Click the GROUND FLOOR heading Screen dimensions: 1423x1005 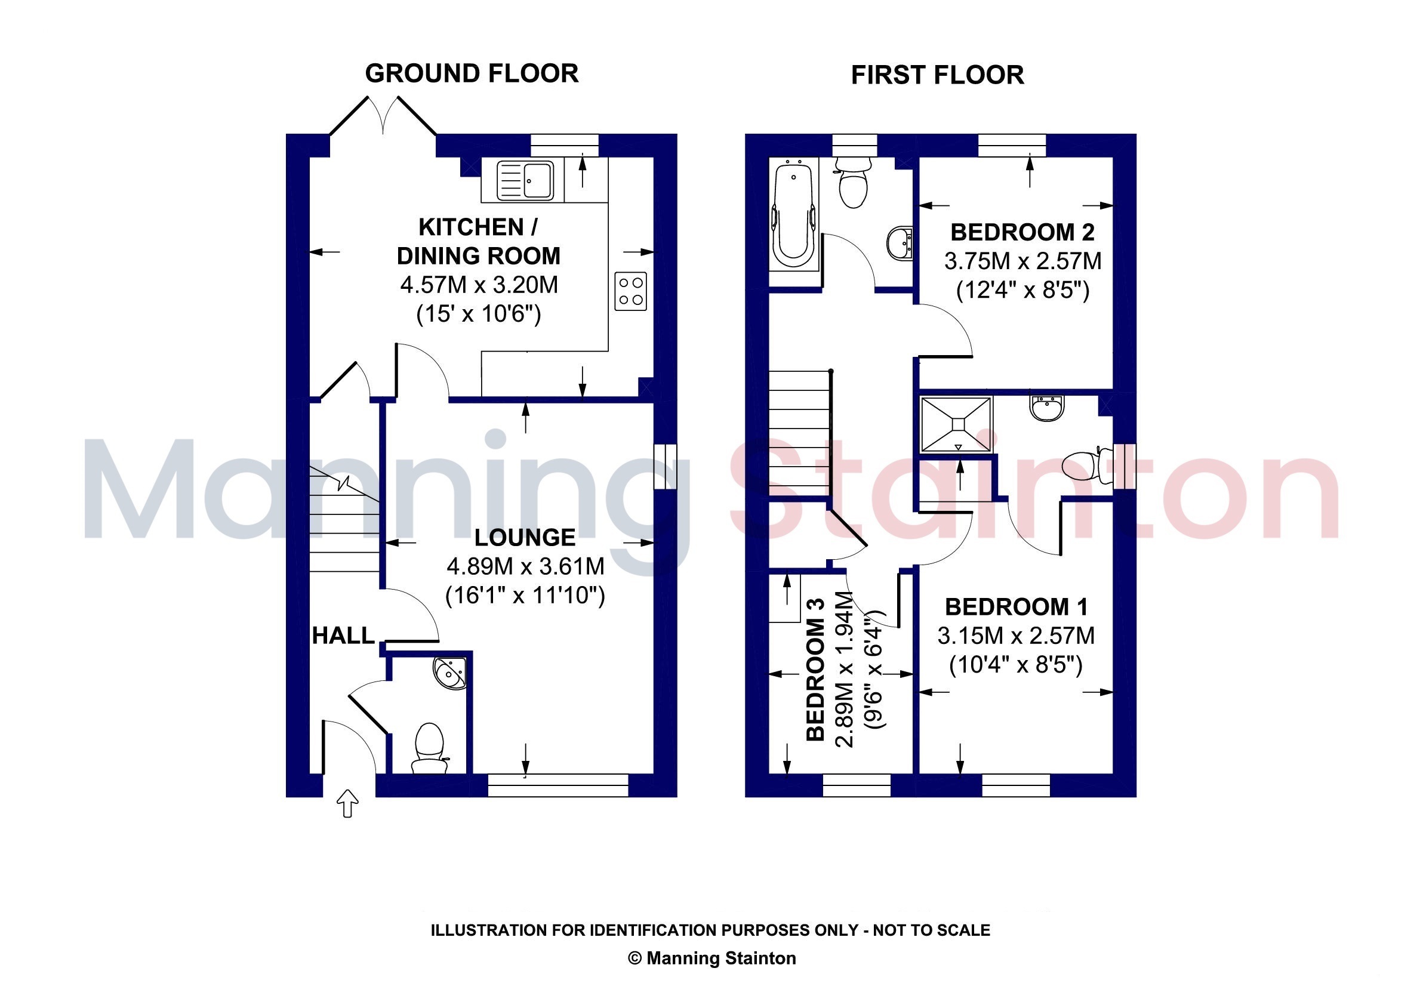point(472,74)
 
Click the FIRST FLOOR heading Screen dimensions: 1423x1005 point(937,76)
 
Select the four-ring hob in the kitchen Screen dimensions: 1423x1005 point(631,291)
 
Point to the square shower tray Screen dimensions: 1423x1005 point(957,424)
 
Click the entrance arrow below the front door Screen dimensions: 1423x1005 point(348,803)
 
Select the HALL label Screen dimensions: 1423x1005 point(343,636)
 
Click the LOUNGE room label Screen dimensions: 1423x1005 point(525,537)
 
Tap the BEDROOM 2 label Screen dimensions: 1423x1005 point(1022,232)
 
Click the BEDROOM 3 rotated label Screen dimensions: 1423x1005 point(815,669)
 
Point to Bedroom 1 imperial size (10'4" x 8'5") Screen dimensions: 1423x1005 point(1017,665)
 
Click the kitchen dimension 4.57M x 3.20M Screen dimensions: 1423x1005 point(479,285)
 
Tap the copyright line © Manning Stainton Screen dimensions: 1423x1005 point(712,958)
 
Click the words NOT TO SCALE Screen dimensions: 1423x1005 point(932,930)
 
